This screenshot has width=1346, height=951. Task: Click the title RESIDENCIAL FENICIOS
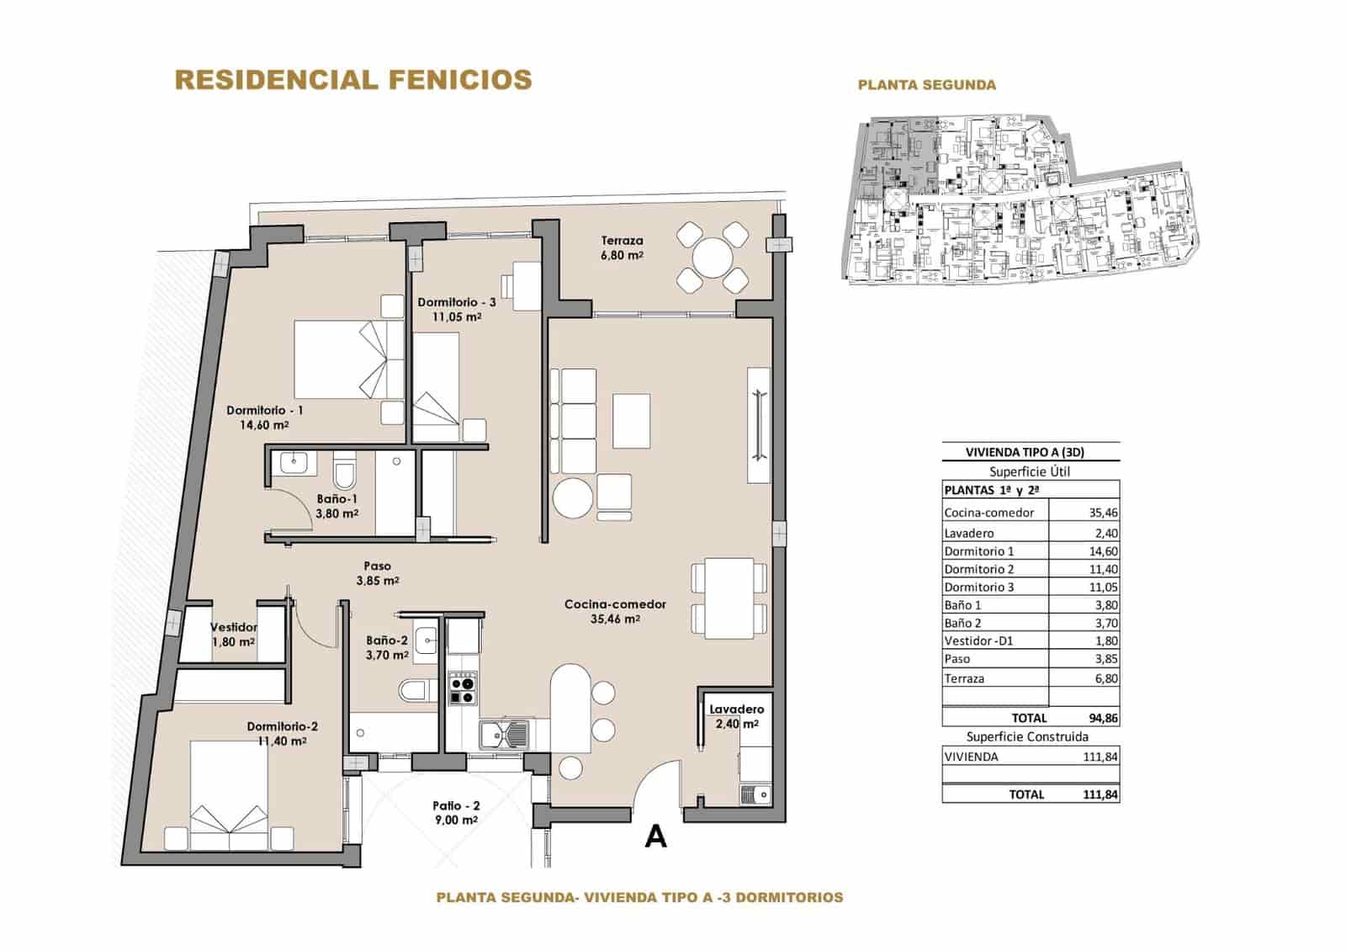tap(352, 80)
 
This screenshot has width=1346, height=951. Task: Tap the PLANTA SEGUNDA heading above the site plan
tap(926, 85)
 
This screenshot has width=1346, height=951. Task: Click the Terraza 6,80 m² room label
tap(622, 247)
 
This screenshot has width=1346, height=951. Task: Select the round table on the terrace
tap(712, 258)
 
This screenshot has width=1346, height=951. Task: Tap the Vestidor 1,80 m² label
tap(233, 634)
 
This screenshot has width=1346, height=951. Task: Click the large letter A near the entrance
tap(654, 837)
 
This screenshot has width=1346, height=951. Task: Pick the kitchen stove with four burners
tap(462, 688)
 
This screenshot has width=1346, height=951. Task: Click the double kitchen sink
tap(504, 735)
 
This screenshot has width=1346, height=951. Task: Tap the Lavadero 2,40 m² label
tap(736, 716)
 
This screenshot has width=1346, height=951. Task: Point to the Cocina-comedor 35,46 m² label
tap(615, 611)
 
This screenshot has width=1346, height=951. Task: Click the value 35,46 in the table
tap(1102, 513)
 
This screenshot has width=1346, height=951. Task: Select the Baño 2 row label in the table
tap(962, 623)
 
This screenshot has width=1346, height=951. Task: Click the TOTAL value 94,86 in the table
tap(1102, 718)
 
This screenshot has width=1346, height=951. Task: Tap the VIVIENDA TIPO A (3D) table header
tap(1031, 453)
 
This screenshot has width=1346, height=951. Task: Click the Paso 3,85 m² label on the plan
tap(377, 573)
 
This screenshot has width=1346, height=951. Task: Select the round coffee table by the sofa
tap(573, 498)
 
